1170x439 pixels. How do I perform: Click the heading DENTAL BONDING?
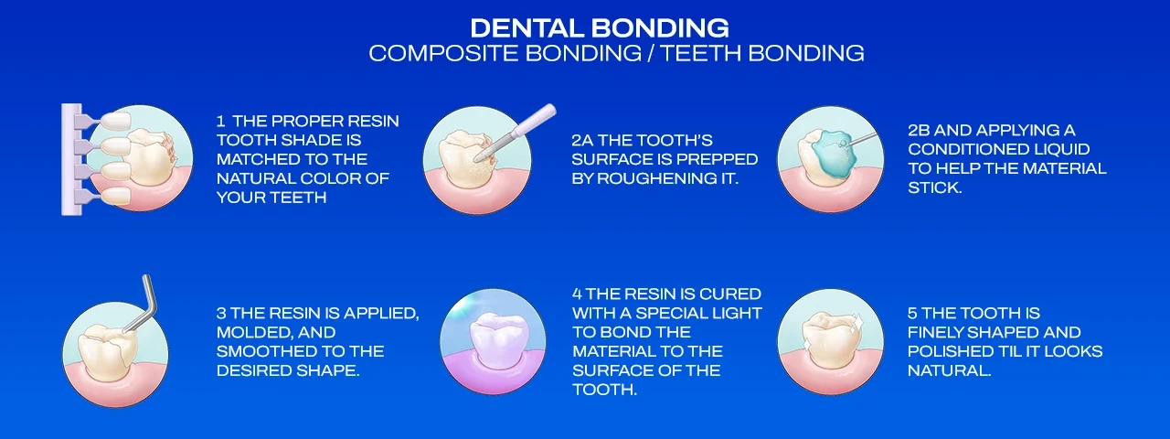tap(600, 27)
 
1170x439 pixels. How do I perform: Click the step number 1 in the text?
tap(220, 121)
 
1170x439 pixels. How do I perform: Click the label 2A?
tap(581, 140)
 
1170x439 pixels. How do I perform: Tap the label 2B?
tap(920, 130)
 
